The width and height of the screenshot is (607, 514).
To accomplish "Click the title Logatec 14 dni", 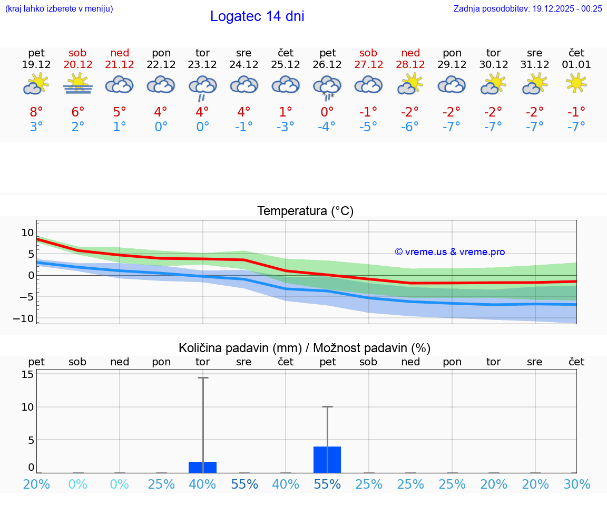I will pyautogui.click(x=257, y=16).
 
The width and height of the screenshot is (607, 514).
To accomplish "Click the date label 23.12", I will pyautogui.click(x=202, y=65).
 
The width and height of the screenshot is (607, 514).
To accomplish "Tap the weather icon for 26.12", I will pyautogui.click(x=327, y=87).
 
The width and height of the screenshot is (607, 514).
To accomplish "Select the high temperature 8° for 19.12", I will pyautogui.click(x=36, y=112).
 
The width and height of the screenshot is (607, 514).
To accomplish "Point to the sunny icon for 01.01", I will pyautogui.click(x=576, y=83).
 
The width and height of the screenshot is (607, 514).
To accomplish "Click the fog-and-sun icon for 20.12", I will pyautogui.click(x=78, y=84).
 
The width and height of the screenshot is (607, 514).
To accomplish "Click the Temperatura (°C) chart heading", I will pyautogui.click(x=305, y=211).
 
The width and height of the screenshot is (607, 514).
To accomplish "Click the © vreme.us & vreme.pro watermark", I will pyautogui.click(x=449, y=252).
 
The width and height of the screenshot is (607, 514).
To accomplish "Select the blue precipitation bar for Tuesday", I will pyautogui.click(x=202, y=467).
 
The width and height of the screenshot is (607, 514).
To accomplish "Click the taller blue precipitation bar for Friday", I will pyautogui.click(x=327, y=460).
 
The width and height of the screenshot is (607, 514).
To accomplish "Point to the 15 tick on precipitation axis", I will pyautogui.click(x=27, y=374).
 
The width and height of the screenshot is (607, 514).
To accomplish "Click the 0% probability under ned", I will pyautogui.click(x=120, y=484).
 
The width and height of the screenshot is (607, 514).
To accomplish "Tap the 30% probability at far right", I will pyautogui.click(x=576, y=484).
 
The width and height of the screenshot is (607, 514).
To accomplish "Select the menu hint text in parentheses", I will pyautogui.click(x=58, y=8).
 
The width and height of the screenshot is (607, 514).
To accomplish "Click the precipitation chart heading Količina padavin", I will pyautogui.click(x=305, y=348).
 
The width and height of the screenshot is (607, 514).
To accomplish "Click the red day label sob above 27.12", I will pyautogui.click(x=368, y=53).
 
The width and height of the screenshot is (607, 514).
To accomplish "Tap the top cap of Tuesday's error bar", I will pyautogui.click(x=203, y=378).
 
